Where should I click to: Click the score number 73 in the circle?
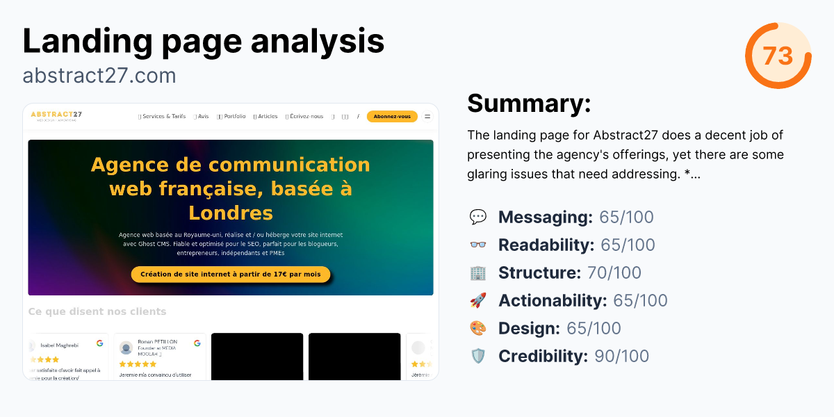pos(778,56)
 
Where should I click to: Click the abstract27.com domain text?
pos(99,75)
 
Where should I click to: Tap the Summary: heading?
pos(529,104)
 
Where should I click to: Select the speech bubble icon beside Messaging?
pos(478,218)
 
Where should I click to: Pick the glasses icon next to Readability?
pos(478,245)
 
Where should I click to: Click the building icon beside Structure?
pos(478,273)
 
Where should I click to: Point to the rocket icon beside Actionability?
pos(478,301)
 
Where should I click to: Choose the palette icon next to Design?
pos(478,329)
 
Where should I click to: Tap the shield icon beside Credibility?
pos(478,357)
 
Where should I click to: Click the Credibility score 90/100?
pos(621,357)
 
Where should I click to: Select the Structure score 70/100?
pos(614,273)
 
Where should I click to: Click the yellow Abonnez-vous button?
pos(392,117)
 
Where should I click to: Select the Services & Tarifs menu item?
pos(163,117)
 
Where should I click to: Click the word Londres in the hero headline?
pos(231,212)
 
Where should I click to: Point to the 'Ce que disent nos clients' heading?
pos(97,311)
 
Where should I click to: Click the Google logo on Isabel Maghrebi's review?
pos(100,343)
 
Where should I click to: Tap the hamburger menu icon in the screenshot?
pos(427,117)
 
